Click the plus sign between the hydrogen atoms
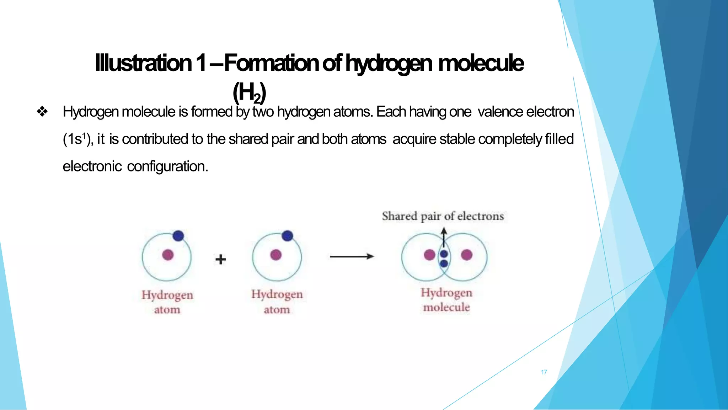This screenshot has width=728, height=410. point(220,259)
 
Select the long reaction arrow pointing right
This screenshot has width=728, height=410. point(352,256)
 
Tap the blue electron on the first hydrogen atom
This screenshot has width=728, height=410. point(178,236)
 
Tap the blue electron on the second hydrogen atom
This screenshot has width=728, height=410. point(287,236)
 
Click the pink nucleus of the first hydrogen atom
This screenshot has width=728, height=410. point(168,255)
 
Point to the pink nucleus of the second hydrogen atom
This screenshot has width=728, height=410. point(276,255)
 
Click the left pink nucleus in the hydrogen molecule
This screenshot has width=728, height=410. point(429,255)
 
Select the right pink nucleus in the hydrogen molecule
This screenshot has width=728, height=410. point(466,255)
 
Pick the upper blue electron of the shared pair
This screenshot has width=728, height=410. point(444,254)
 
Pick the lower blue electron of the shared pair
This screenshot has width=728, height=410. point(444,263)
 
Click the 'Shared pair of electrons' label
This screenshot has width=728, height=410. point(443,216)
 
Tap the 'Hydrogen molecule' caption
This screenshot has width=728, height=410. point(446,300)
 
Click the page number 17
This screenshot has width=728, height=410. point(544,372)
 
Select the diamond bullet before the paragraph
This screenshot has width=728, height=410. point(42,112)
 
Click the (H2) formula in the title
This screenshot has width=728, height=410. point(249,92)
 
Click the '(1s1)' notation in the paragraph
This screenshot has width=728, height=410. point(78,139)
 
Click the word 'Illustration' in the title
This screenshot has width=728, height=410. point(143,63)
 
